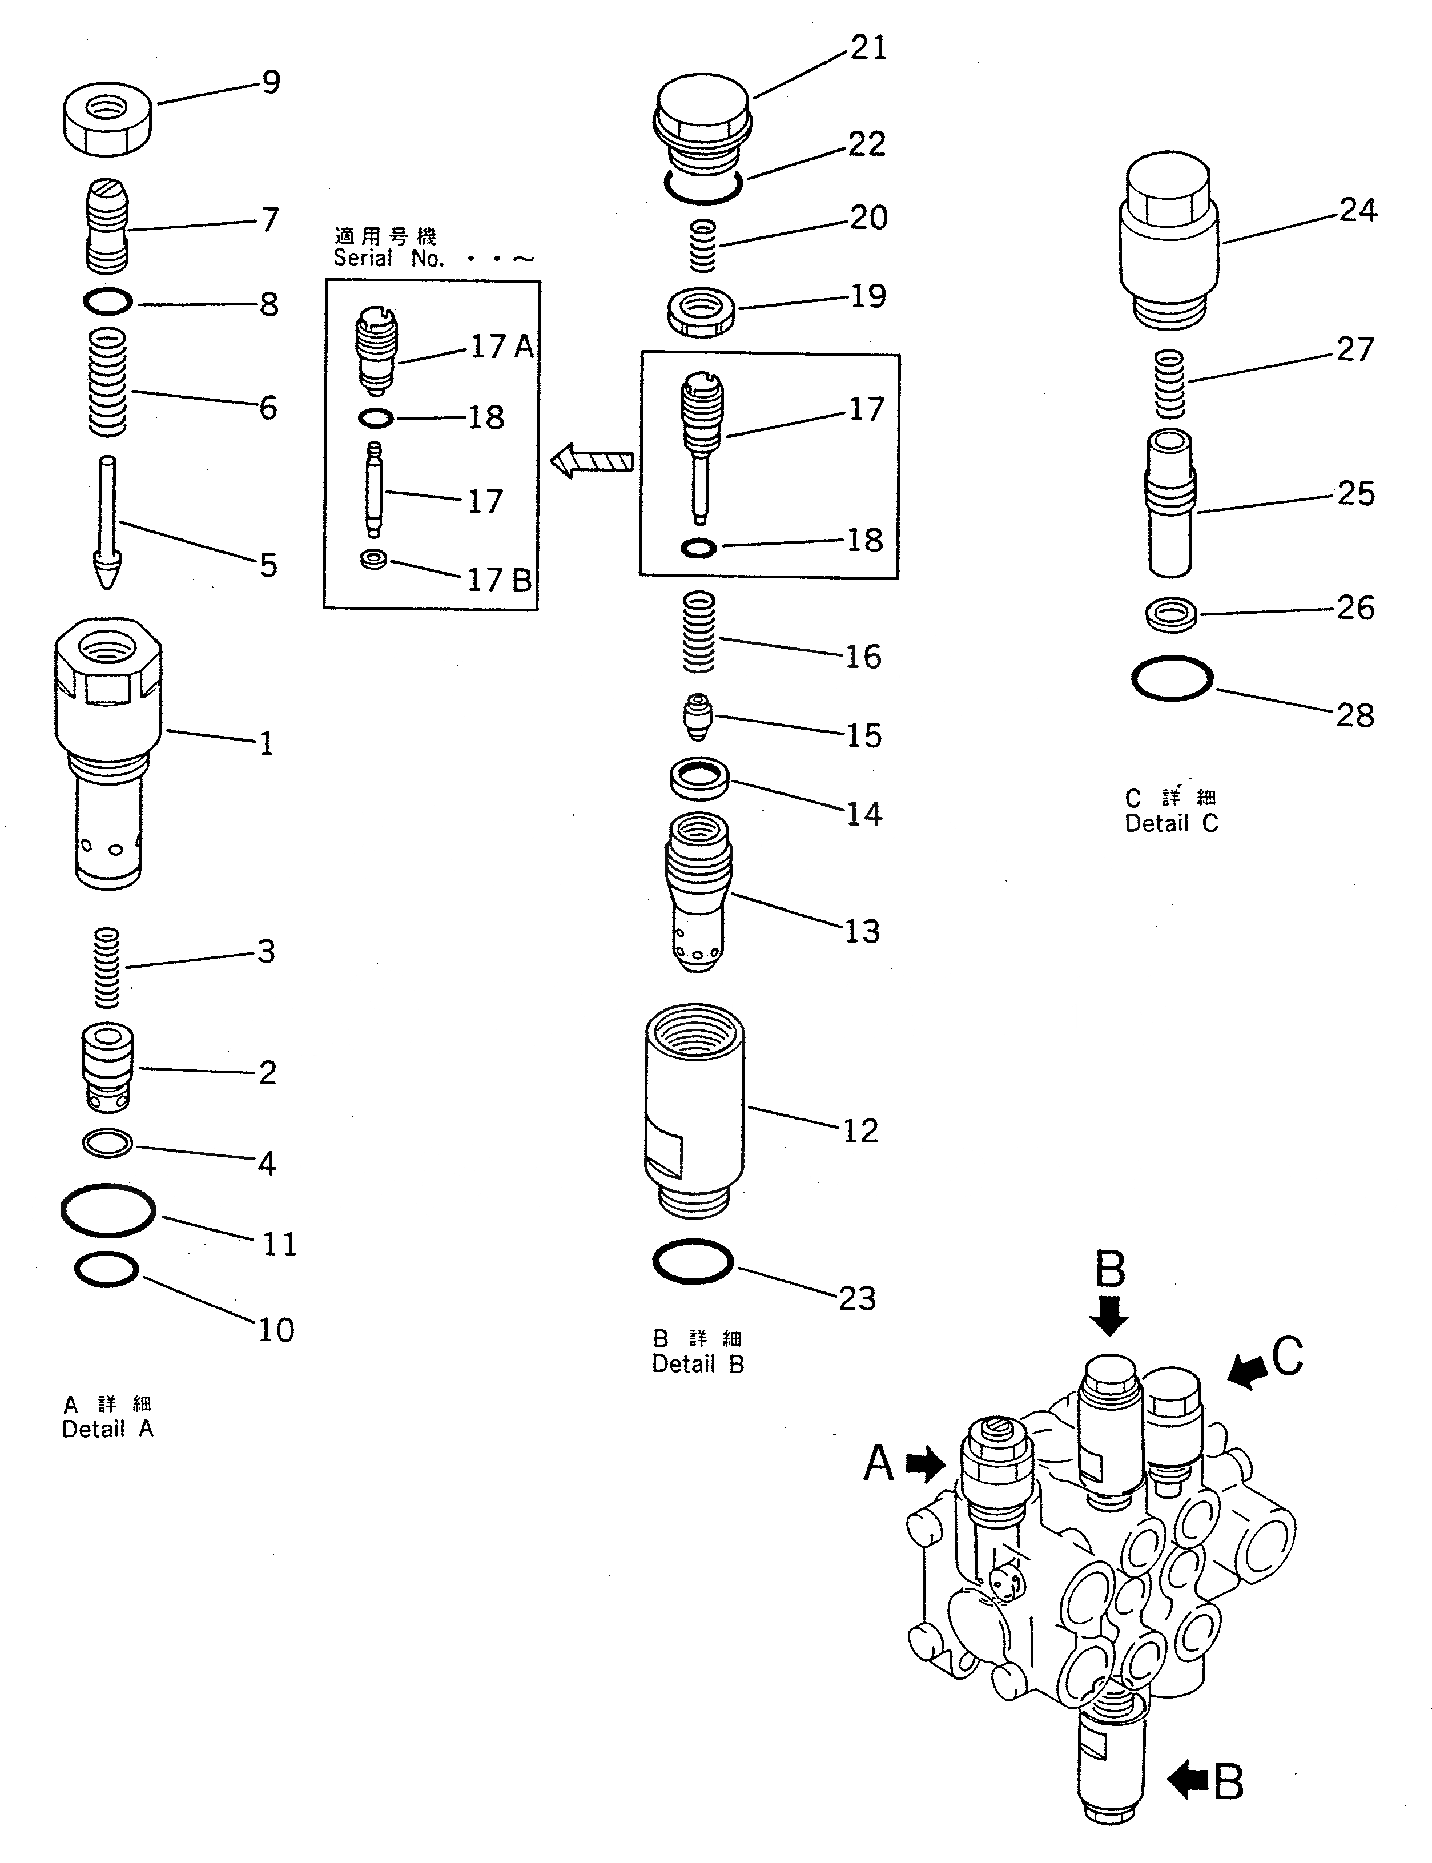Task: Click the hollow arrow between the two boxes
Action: pos(592,462)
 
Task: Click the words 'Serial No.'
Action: pos(389,259)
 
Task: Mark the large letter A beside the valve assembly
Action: pos(878,1465)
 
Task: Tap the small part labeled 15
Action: pos(699,717)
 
